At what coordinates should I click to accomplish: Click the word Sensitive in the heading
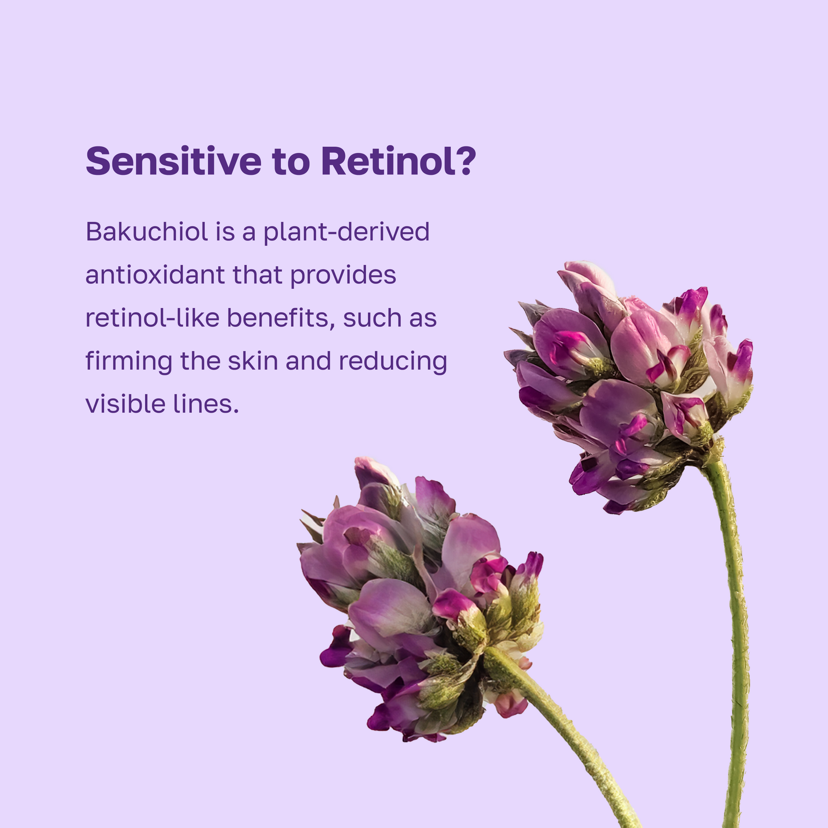[174, 161]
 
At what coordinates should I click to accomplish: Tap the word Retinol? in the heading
[399, 161]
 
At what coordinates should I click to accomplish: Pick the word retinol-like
[153, 318]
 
